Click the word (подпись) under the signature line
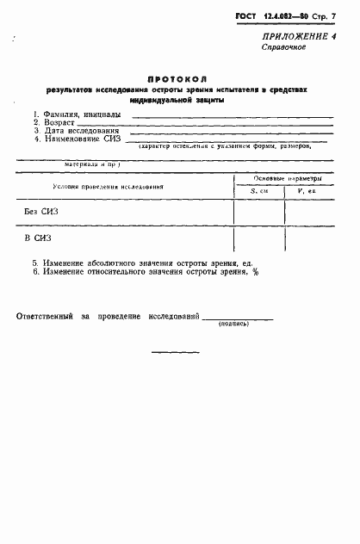[234, 324]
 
